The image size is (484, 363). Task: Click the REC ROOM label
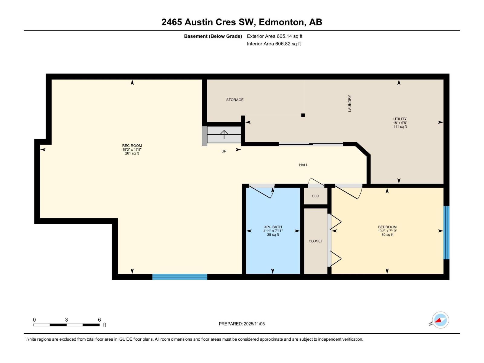(x=132, y=146)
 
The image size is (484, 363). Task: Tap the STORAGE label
(x=235, y=100)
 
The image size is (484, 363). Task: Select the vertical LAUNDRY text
(x=350, y=103)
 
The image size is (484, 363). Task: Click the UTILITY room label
(x=400, y=119)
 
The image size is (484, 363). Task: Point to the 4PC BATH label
(x=273, y=227)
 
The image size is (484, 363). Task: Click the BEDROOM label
(x=387, y=227)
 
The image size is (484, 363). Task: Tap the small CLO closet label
(x=316, y=196)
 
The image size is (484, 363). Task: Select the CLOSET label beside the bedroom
(x=316, y=241)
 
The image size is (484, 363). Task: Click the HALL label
(x=303, y=165)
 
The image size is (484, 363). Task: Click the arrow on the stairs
(x=224, y=134)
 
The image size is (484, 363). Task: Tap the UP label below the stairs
(x=224, y=151)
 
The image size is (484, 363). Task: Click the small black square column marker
(x=303, y=115)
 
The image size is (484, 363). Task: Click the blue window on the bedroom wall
(x=446, y=233)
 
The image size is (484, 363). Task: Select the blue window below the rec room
(x=180, y=277)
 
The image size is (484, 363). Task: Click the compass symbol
(x=440, y=320)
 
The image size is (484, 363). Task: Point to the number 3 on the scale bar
(x=66, y=320)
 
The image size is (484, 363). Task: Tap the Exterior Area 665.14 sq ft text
(x=274, y=36)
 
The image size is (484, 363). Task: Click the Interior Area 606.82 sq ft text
(x=274, y=44)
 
